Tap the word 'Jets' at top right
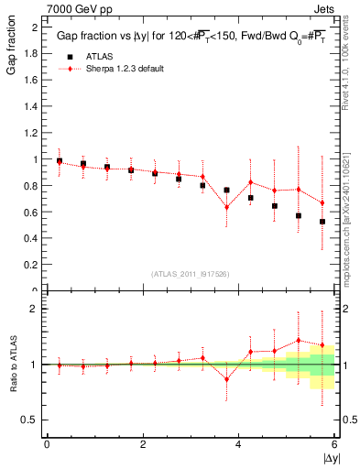[326, 8]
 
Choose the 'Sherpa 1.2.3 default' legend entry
[125, 69]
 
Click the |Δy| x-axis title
[329, 456]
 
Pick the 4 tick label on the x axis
[238, 444]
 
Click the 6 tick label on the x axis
[334, 444]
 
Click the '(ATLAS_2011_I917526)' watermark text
[191, 274]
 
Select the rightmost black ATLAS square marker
[322, 222]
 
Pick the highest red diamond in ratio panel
[298, 341]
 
